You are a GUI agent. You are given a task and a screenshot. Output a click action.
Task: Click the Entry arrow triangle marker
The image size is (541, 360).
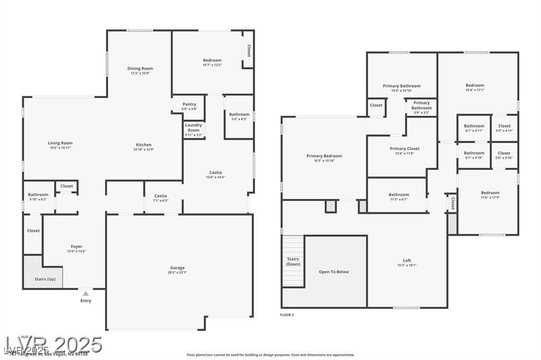coord(86,293)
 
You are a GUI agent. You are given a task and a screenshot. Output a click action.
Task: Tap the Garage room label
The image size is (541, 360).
coord(177,268)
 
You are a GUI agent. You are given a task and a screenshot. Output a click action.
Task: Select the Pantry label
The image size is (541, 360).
coord(189,105)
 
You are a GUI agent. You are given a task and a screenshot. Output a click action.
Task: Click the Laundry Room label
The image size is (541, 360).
coord(194,128)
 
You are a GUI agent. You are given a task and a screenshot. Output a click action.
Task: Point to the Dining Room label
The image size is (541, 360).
coord(140,69)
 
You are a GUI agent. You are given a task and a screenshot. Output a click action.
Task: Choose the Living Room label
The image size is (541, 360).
coord(60,143)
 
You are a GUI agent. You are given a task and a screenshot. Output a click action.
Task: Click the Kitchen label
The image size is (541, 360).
coord(144,145)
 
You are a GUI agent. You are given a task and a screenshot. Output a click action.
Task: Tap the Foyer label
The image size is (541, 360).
coord(77,247)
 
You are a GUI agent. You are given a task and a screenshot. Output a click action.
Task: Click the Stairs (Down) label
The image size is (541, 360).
coord(293,261)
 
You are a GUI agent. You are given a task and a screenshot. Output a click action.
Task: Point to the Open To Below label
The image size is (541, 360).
coord(334,272)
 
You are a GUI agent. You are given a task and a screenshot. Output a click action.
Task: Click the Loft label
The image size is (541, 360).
coord(407,261)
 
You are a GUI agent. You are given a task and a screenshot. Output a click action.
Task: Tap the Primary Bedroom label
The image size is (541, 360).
coord(324,156)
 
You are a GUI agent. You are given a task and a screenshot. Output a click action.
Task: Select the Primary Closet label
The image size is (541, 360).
coord(405,149)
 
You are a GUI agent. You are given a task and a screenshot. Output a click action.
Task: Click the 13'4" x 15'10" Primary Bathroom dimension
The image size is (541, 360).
coord(402,91)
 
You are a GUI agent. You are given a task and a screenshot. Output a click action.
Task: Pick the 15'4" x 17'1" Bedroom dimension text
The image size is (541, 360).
coord(474,90)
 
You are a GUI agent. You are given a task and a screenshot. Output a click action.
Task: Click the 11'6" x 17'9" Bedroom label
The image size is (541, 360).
coord(490,193)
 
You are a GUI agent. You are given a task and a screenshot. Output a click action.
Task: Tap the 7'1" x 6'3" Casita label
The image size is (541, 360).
coord(161,196)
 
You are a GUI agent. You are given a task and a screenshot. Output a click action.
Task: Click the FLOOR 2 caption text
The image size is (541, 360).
coord(287,315)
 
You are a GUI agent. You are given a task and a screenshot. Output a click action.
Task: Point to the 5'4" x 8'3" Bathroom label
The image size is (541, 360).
coord(239,115)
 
